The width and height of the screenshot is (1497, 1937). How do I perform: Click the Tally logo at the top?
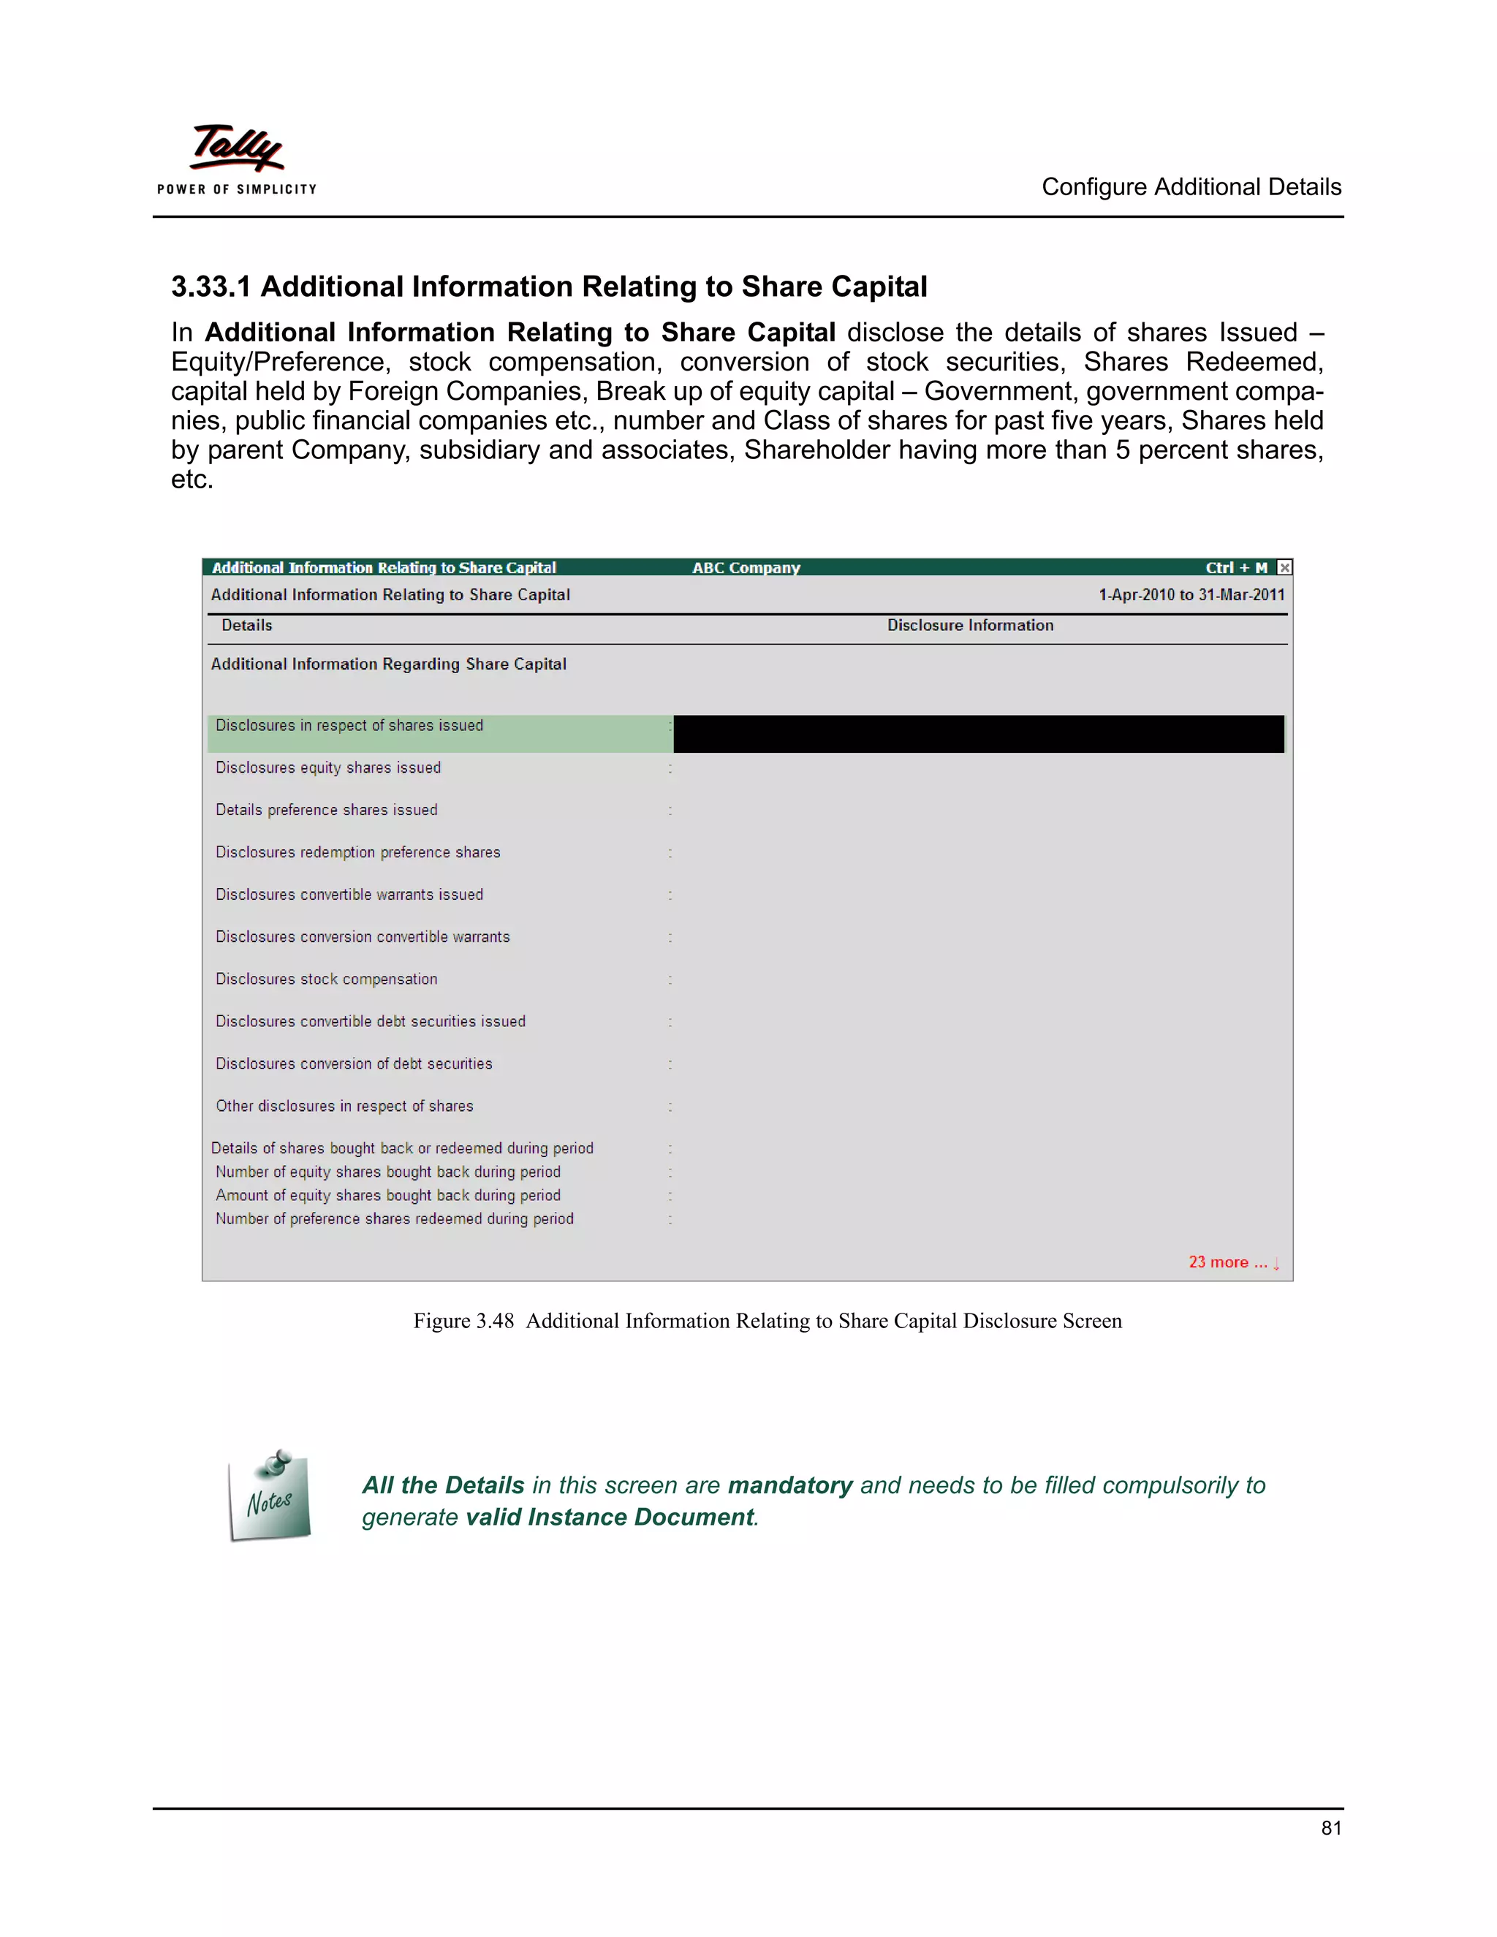coord(237,149)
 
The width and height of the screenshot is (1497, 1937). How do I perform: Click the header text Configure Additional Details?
coord(1190,187)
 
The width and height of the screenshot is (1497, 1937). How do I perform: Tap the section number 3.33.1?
coord(211,287)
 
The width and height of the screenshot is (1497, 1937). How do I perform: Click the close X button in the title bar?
coord(1284,568)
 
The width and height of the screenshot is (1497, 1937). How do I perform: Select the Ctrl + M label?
coord(1235,568)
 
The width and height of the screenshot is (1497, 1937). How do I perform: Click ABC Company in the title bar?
coord(746,568)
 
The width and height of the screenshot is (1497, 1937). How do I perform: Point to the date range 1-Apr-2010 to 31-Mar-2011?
coord(1191,595)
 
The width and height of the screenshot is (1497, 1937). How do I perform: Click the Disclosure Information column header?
coord(970,625)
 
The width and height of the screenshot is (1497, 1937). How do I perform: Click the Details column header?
coord(246,625)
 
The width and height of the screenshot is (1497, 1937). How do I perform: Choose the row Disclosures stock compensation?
coord(326,979)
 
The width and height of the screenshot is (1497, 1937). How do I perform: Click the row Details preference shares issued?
coord(326,810)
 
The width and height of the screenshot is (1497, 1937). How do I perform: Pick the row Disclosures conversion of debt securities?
coord(354,1064)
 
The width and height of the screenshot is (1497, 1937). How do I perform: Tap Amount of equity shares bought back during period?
coord(387,1196)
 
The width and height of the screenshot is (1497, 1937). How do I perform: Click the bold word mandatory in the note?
coord(789,1485)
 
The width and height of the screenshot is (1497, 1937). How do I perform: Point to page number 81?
coord(1330,1828)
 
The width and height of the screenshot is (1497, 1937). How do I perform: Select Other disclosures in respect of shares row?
coord(344,1106)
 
